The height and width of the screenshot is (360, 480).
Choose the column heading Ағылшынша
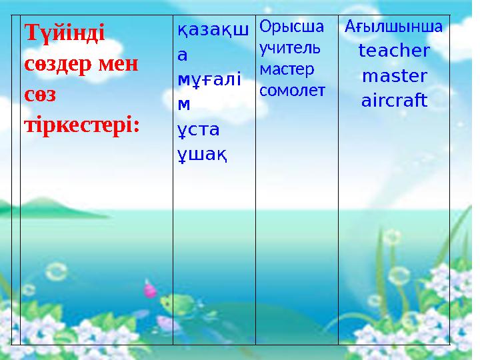[394, 27]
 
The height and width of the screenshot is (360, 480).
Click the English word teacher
[394, 51]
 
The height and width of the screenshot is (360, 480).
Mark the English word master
[394, 76]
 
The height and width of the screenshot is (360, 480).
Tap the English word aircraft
[394, 101]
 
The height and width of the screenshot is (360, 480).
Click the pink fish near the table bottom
[150, 289]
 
